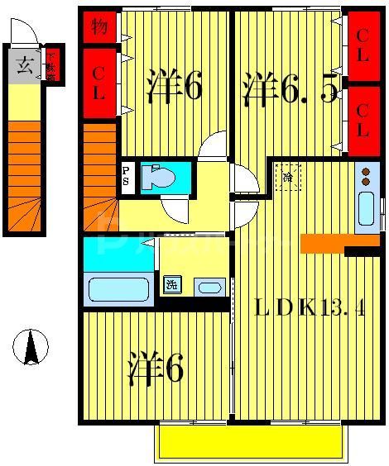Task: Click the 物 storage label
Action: coord(98,27)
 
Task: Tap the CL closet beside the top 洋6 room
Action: coord(98,83)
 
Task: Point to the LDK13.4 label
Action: coord(310,309)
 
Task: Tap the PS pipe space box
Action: coord(127,176)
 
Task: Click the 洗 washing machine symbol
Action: coord(171,285)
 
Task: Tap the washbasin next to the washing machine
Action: coord(209,287)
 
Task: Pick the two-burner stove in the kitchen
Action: coord(366,176)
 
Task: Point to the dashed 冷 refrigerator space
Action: coord(288,177)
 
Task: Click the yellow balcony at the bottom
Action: coord(247,444)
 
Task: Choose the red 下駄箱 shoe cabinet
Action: coord(51,65)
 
